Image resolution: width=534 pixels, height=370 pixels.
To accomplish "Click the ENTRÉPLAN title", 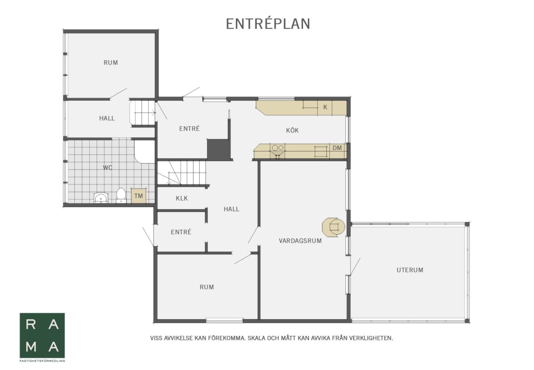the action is (x=268, y=24).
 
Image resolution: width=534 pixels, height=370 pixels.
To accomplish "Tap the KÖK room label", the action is (x=292, y=130).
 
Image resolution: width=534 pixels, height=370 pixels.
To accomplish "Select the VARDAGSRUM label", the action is (x=300, y=241).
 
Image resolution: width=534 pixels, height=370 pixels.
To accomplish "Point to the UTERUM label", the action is (x=410, y=270).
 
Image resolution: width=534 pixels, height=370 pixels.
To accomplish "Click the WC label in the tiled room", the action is (x=108, y=168).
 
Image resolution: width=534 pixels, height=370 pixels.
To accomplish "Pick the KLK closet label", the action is (x=182, y=198).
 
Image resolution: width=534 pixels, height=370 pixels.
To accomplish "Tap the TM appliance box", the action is (x=138, y=196).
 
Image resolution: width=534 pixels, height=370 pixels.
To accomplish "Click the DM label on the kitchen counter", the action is (x=337, y=148).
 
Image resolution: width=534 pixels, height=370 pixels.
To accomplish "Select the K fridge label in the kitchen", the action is (x=325, y=107).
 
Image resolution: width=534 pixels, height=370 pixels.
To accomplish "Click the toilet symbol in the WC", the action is (x=121, y=195).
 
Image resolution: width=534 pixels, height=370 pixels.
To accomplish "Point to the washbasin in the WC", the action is (x=101, y=198).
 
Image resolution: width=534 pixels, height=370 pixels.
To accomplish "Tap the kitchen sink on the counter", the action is (x=278, y=150).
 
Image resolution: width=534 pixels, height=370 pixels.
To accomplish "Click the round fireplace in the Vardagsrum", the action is (x=333, y=227).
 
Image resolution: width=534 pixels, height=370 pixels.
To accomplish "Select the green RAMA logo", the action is (x=42, y=335).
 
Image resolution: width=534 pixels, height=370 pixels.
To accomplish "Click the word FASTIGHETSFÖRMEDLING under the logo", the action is (x=42, y=361).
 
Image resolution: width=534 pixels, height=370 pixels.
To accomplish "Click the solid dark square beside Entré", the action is (x=218, y=149).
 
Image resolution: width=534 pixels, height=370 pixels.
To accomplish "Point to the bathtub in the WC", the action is (x=145, y=151).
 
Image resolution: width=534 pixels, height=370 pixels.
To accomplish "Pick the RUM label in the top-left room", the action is (x=111, y=62).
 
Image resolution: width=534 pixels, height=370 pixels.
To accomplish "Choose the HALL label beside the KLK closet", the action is (x=231, y=209).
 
